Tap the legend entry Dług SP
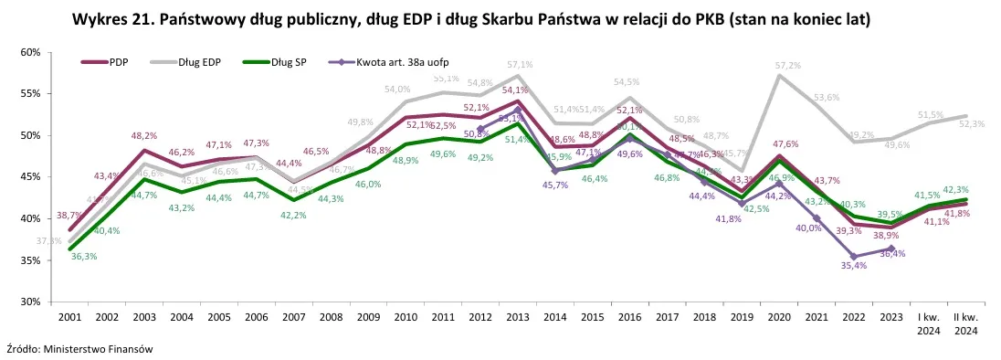[284, 62]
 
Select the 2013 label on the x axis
[517, 316]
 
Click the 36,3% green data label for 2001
[83, 257]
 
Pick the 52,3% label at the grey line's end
[972, 124]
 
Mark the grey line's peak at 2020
[779, 76]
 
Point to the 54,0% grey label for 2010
[397, 90]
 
